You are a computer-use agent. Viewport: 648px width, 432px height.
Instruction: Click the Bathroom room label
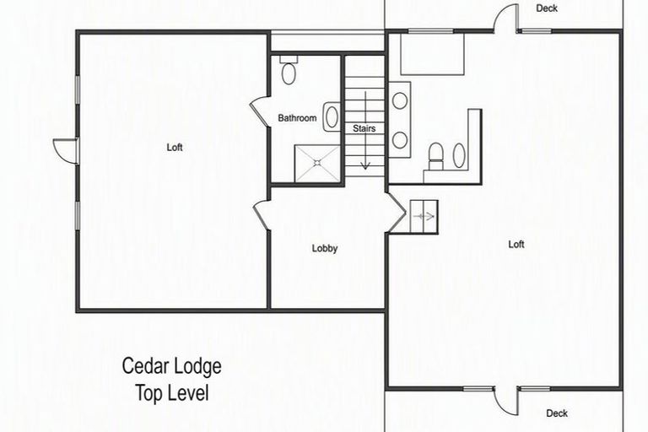297,118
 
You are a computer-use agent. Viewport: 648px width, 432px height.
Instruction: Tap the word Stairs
364,128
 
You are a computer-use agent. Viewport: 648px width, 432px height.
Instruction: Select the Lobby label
325,248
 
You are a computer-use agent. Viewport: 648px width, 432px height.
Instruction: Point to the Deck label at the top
547,8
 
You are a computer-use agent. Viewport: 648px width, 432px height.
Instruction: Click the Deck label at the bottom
557,413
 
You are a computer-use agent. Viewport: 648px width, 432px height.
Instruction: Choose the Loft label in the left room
175,147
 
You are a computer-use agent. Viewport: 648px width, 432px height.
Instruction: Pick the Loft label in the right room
516,245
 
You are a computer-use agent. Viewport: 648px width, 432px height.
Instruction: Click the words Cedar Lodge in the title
172,366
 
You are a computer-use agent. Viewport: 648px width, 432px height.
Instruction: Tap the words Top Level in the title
172,393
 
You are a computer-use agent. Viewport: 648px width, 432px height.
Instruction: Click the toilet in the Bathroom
289,69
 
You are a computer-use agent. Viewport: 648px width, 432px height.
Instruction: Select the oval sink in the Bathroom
332,117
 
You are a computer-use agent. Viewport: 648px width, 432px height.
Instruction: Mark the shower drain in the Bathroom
317,163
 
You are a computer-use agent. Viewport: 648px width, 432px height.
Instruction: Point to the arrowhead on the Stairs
364,166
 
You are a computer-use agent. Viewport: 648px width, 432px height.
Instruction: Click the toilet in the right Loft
435,156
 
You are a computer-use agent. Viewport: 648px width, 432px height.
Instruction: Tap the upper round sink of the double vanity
400,101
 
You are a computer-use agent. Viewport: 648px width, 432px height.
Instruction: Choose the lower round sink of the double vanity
400,140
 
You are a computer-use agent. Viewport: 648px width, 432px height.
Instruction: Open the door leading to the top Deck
506,18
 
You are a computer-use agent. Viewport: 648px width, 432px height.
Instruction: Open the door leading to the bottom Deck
506,402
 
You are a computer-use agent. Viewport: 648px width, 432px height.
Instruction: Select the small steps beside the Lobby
424,217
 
